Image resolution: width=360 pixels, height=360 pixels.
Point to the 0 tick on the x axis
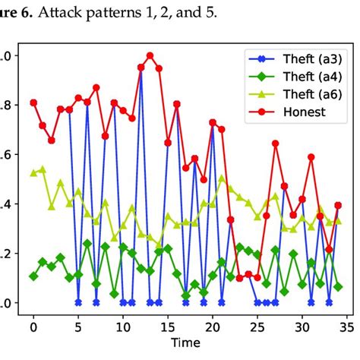click(x=33, y=327)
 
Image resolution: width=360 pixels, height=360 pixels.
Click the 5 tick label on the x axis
click(x=78, y=327)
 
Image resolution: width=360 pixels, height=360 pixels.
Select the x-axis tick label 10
click(x=123, y=327)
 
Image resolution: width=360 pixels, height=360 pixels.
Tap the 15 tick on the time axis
click(x=168, y=327)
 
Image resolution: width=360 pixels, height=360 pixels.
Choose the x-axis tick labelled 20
click(x=213, y=327)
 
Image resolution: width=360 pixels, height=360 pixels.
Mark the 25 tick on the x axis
click(x=257, y=327)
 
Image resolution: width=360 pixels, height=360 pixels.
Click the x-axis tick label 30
click(x=302, y=327)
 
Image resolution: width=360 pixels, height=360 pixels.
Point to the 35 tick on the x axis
click(x=347, y=327)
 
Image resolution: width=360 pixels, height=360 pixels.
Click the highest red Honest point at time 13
click(x=150, y=55)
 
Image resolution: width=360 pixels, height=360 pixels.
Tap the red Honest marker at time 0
click(x=33, y=103)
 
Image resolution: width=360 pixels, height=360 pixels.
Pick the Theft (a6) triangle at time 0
click(x=33, y=173)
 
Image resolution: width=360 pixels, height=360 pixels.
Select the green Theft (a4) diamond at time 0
click(x=33, y=276)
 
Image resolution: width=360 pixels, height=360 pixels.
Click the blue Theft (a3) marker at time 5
click(x=78, y=302)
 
